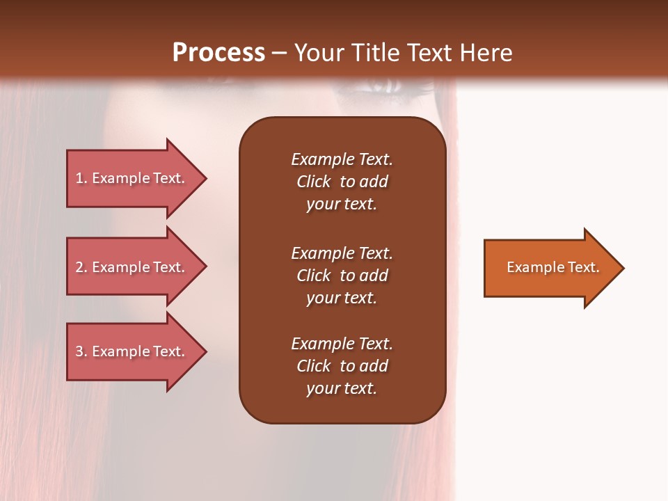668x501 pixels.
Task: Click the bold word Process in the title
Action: click(x=218, y=53)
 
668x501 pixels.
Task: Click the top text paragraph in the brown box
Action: click(x=342, y=182)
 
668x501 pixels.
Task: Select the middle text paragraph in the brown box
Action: click(x=342, y=276)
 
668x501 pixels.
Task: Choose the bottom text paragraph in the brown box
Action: click(x=342, y=366)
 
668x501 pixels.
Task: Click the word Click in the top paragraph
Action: click(x=313, y=182)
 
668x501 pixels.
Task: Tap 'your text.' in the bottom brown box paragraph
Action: click(x=342, y=388)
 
